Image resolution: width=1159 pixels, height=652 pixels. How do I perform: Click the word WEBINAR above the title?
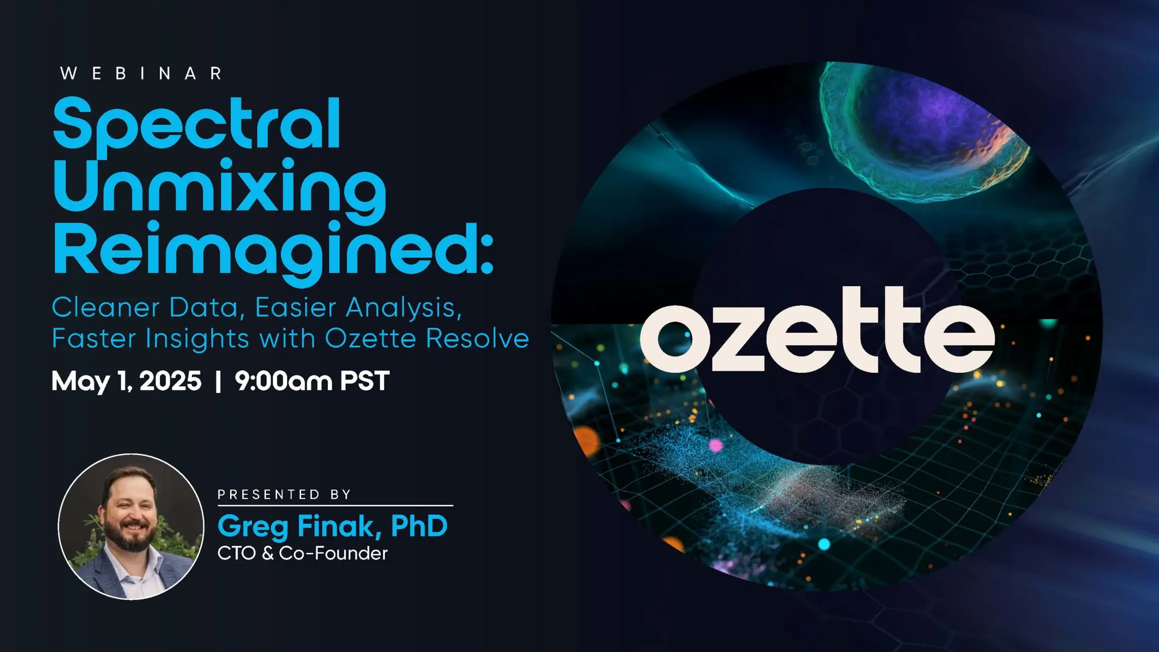point(141,73)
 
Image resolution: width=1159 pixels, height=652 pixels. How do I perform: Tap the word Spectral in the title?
point(197,128)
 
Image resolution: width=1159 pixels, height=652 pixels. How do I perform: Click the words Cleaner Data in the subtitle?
point(145,308)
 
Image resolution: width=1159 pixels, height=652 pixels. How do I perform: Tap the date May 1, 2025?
point(126,381)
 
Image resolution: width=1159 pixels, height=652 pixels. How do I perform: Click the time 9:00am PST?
point(312,381)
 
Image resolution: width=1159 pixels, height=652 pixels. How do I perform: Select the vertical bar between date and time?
point(218,381)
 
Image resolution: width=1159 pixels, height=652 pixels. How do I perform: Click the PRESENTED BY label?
point(285,495)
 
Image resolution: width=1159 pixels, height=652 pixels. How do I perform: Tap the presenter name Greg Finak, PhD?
point(333,527)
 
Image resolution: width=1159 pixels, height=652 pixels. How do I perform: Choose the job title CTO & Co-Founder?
point(303,554)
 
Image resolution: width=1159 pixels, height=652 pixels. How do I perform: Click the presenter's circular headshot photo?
point(131,527)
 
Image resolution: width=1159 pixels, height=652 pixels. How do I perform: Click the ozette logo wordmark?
point(817,330)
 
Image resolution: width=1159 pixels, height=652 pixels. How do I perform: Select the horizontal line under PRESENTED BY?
point(335,506)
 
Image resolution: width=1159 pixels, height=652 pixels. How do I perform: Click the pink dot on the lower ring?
point(716,445)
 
